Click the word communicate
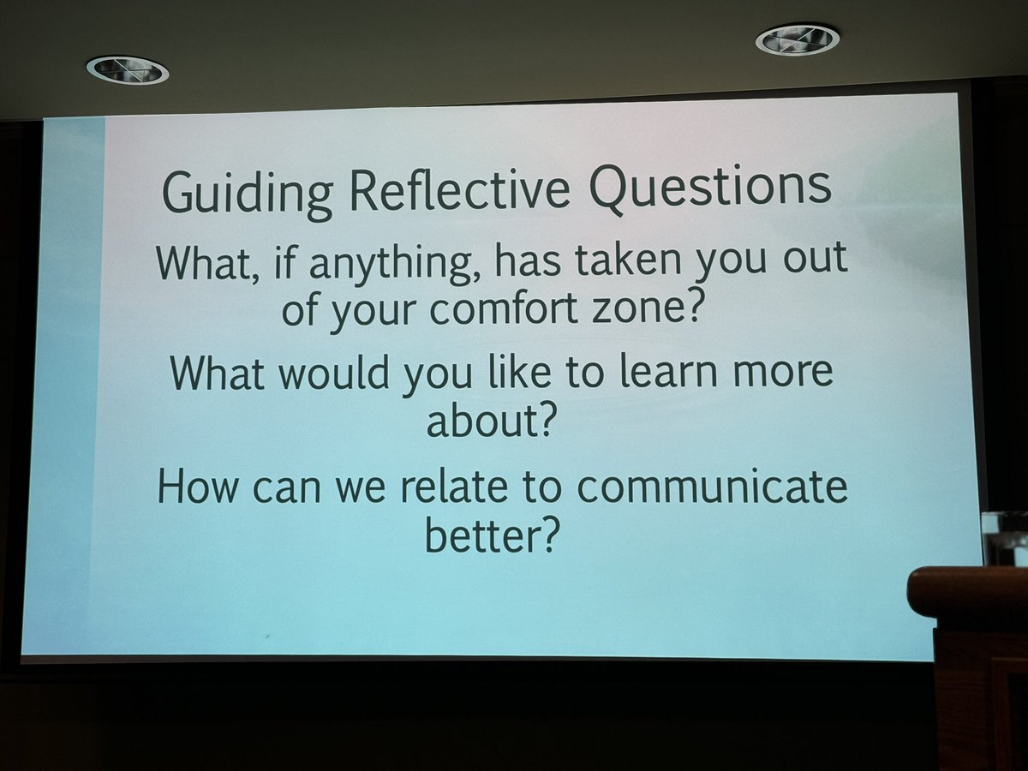click(710, 487)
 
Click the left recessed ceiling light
click(127, 69)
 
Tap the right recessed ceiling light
click(797, 39)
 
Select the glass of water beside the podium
click(1004, 538)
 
